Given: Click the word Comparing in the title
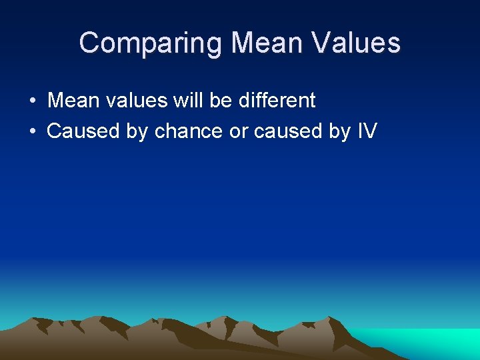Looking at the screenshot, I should pos(150,44).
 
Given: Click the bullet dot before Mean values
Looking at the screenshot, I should pos(32,101).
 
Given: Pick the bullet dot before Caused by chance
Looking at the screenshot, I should pos(32,131).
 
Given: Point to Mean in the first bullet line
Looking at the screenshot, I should pos(73,101).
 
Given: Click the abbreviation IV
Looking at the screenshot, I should pos(367,131).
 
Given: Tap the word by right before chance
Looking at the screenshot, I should pos(137,131).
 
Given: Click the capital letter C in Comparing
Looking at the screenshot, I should pos(89,43).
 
